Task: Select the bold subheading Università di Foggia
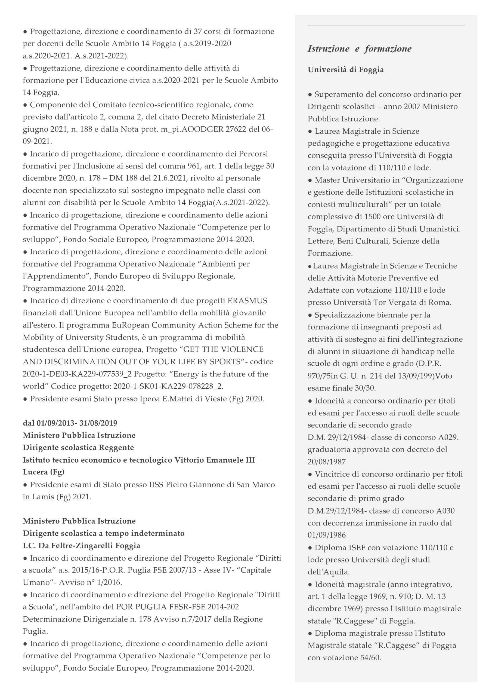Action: [345, 70]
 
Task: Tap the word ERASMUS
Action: [247, 301]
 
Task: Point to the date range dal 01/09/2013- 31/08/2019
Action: [70, 423]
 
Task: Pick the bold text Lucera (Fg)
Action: [44, 472]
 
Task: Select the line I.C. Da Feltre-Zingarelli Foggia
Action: [81, 546]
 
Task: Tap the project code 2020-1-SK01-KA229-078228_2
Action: [168, 386]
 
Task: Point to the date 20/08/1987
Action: [327, 462]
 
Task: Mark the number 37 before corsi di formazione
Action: [197, 32]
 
